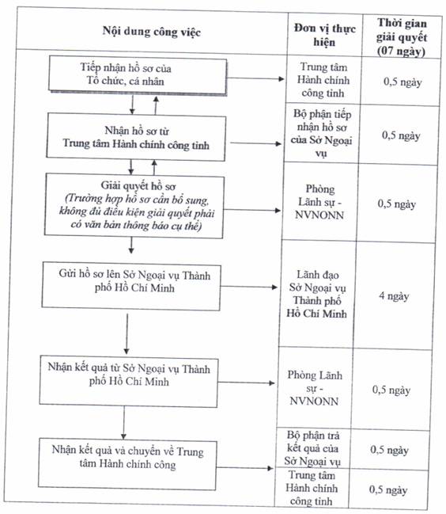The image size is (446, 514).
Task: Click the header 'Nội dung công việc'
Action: pos(152,32)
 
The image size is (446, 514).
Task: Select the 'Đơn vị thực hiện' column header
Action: pos(324,35)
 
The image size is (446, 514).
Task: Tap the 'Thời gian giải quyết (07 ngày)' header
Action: pos(402,37)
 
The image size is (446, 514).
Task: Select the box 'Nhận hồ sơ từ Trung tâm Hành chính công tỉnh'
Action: pos(136,137)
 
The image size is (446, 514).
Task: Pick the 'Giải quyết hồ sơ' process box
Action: pos(134,206)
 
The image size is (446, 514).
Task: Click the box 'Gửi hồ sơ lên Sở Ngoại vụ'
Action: pos(131,286)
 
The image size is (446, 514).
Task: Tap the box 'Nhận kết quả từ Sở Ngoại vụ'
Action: pos(128,381)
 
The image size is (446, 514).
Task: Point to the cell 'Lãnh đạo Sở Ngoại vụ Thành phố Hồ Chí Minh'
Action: pos(316,294)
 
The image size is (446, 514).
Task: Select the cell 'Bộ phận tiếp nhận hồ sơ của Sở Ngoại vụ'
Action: pos(322,133)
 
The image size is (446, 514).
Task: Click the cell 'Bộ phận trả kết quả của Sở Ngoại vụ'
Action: pos(312,448)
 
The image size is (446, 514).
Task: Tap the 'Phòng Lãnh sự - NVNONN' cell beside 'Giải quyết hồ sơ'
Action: pos(319,202)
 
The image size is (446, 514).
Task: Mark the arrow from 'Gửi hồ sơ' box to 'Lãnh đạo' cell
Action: pos(248,287)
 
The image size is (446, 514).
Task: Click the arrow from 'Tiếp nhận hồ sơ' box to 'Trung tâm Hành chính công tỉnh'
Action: pos(255,78)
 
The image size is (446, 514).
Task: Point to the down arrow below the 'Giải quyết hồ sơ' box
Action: pos(131,246)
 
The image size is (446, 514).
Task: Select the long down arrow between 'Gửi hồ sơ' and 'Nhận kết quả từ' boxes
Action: pos(127,333)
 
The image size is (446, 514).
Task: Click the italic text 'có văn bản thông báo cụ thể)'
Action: pos(136,226)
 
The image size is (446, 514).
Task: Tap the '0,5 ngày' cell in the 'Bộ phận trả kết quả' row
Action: pos(389,450)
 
